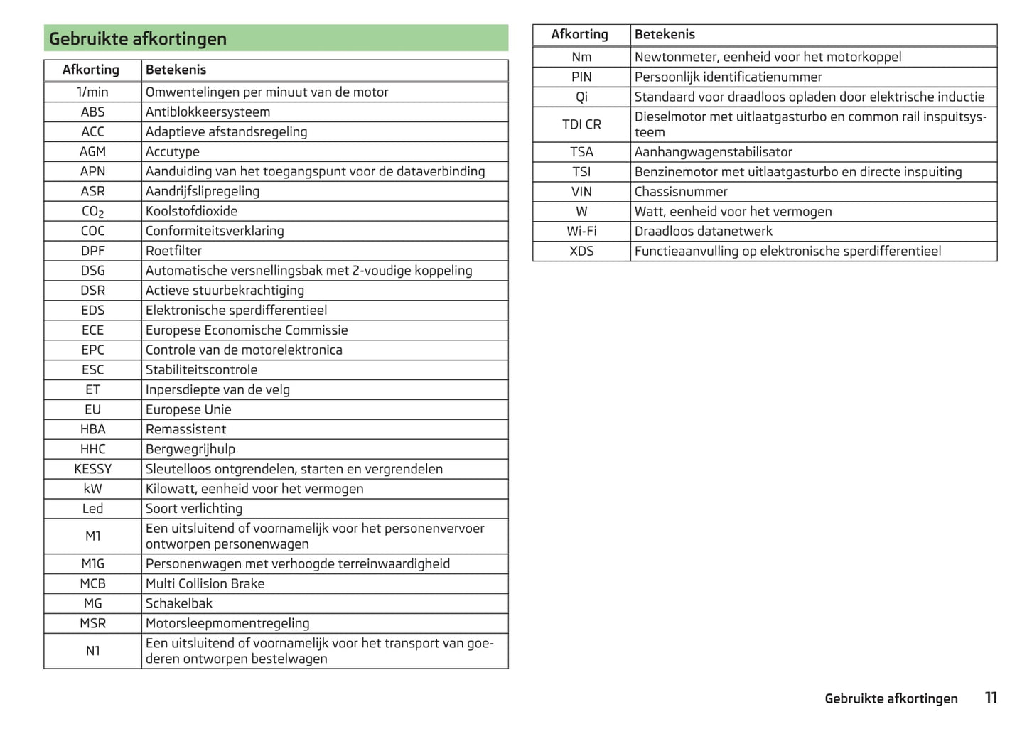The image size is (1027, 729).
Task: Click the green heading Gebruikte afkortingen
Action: click(x=138, y=39)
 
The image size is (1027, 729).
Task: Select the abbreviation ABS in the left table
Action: click(x=92, y=112)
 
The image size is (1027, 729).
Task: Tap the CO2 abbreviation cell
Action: click(x=92, y=212)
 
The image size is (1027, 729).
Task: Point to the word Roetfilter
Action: click(x=173, y=251)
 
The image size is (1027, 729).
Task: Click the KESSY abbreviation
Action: click(x=92, y=469)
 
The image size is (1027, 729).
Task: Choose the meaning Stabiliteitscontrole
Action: click(x=201, y=370)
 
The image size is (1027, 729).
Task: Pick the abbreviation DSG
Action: click(x=92, y=271)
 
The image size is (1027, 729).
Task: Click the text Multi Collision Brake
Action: click(x=205, y=584)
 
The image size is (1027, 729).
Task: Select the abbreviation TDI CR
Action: click(x=581, y=124)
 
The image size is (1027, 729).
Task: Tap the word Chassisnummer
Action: click(x=681, y=192)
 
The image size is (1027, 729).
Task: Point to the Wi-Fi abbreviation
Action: click(x=581, y=232)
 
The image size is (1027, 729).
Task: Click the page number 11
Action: click(x=991, y=698)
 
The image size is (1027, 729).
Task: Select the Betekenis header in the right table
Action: click(x=665, y=34)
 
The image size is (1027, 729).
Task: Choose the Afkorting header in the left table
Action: click(x=91, y=70)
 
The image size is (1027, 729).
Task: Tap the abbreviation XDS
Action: click(x=581, y=252)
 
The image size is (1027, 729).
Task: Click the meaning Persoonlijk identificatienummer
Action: click(x=728, y=77)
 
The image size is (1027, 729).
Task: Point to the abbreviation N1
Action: click(x=92, y=651)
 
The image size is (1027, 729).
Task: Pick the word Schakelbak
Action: click(x=179, y=604)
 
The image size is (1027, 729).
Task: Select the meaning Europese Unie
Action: click(x=188, y=410)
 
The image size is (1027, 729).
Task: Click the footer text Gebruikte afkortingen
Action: click(x=891, y=698)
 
